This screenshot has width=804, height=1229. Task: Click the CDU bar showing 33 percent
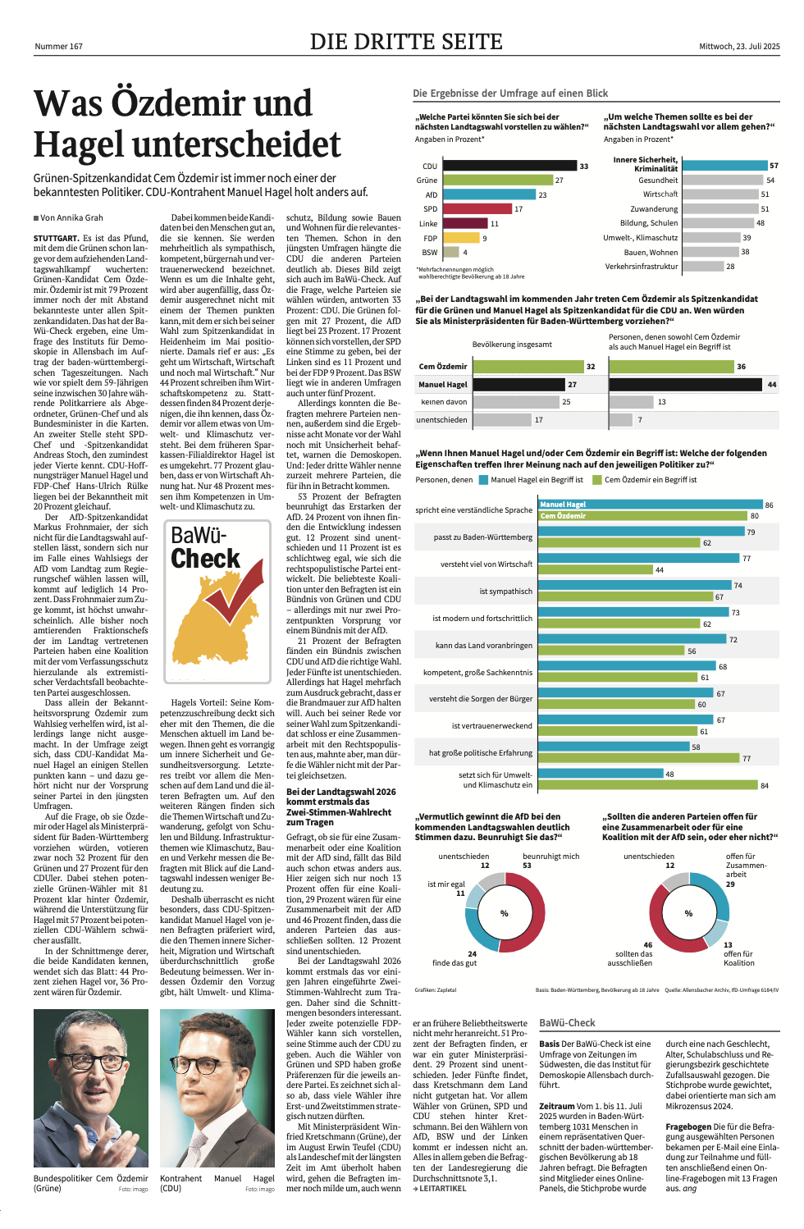tap(509, 166)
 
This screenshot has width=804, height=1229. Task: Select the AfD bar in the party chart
tap(489, 194)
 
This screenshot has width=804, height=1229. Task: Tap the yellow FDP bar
tap(461, 238)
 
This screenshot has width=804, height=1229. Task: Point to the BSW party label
tap(430, 253)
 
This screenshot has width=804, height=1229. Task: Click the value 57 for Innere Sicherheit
tap(774, 166)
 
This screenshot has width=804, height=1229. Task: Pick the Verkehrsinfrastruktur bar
tap(702, 266)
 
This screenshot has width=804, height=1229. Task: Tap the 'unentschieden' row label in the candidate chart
tap(441, 419)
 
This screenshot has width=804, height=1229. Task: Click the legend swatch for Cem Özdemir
tap(597, 480)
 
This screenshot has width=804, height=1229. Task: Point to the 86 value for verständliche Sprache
tap(769, 505)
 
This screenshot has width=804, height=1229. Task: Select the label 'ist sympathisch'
tap(505, 592)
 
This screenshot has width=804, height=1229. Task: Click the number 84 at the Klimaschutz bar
tap(765, 786)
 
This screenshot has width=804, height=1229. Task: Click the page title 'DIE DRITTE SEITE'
tap(406, 42)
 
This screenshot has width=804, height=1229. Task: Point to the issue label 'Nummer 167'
tap(58, 47)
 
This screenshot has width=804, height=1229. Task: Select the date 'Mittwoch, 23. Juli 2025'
tap(738, 47)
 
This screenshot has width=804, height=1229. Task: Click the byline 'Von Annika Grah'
tap(71, 218)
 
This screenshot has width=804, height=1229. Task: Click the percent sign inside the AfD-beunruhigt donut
tap(505, 913)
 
